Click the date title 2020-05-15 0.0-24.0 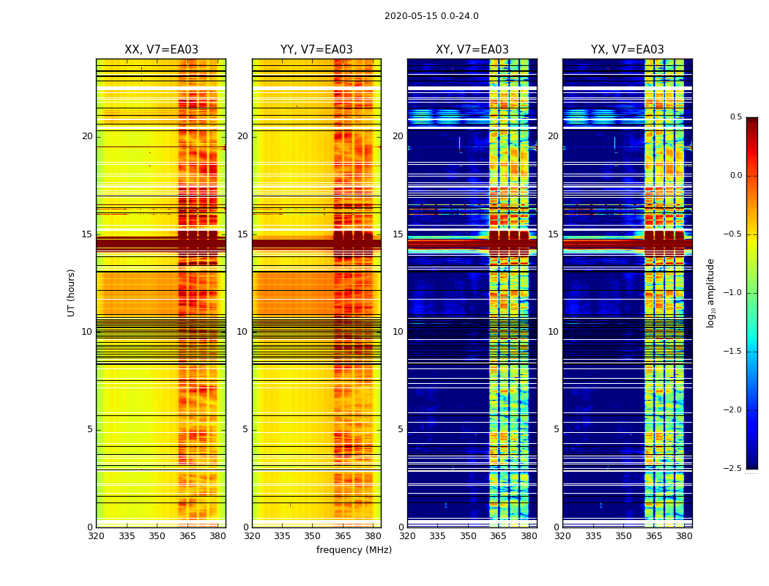click(431, 16)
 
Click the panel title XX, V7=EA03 click(161, 50)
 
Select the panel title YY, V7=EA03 click(316, 50)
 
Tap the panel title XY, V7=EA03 click(472, 50)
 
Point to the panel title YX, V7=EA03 click(627, 50)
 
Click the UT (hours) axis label click(72, 292)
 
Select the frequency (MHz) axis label click(354, 550)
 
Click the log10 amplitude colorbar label click(710, 292)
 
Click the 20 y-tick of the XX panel click(87, 136)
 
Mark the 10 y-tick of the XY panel click(398, 332)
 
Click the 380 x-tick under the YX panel click(684, 536)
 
